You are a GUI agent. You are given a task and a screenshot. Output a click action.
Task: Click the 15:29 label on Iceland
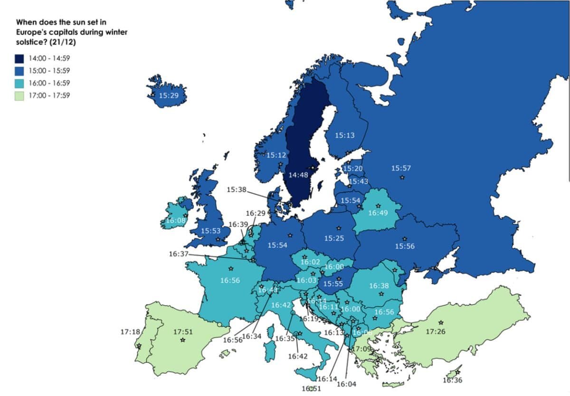click(x=168, y=95)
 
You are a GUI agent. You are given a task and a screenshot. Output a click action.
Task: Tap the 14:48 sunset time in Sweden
click(x=298, y=175)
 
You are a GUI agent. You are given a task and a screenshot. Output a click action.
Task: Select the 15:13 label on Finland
click(x=344, y=135)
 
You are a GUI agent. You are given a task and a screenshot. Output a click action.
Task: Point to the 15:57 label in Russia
click(x=401, y=168)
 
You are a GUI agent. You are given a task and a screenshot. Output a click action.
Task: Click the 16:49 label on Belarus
click(x=378, y=213)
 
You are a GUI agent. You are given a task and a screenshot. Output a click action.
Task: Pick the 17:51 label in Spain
click(x=183, y=331)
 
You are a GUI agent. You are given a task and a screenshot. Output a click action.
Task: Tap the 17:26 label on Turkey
click(x=436, y=331)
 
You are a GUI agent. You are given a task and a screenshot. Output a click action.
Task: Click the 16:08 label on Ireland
click(x=175, y=221)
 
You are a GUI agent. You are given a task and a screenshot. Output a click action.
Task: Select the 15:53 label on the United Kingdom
click(x=210, y=231)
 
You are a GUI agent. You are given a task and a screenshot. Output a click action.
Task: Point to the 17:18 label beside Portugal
click(x=130, y=331)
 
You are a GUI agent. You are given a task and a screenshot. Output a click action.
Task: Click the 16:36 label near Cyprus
click(x=452, y=380)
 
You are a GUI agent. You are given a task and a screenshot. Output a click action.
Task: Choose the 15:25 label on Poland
click(x=334, y=238)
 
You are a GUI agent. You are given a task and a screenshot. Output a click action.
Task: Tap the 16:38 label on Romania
click(x=379, y=286)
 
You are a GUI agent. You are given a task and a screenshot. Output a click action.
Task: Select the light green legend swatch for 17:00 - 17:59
click(x=19, y=95)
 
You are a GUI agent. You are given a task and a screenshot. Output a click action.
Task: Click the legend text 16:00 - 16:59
click(x=50, y=83)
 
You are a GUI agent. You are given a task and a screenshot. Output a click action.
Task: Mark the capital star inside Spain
click(x=182, y=340)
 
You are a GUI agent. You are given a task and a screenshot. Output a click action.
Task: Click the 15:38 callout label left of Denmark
click(x=237, y=189)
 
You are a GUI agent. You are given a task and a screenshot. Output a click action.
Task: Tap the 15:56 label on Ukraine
click(x=405, y=246)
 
